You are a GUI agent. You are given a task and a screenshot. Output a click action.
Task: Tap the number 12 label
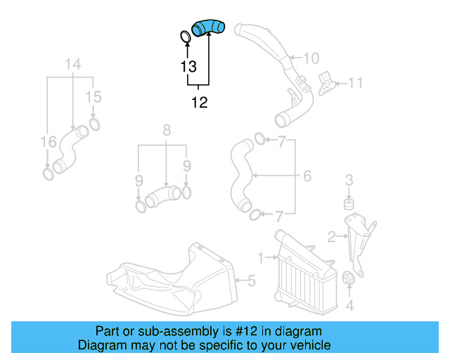tap(200, 103)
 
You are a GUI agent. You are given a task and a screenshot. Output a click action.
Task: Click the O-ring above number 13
tap(184, 37)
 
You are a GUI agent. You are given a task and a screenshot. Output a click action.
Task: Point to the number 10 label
tap(311, 58)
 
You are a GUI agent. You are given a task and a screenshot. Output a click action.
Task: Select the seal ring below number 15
tap(94, 125)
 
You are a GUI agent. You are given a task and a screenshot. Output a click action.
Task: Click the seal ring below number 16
tap(47, 173)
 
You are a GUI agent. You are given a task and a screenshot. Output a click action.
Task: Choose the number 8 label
tap(167, 130)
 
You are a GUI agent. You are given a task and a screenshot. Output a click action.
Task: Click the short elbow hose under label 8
tap(164, 195)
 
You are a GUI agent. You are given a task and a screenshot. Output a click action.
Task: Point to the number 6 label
tap(307, 176)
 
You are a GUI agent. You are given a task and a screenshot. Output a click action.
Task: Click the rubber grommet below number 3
tap(347, 205)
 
